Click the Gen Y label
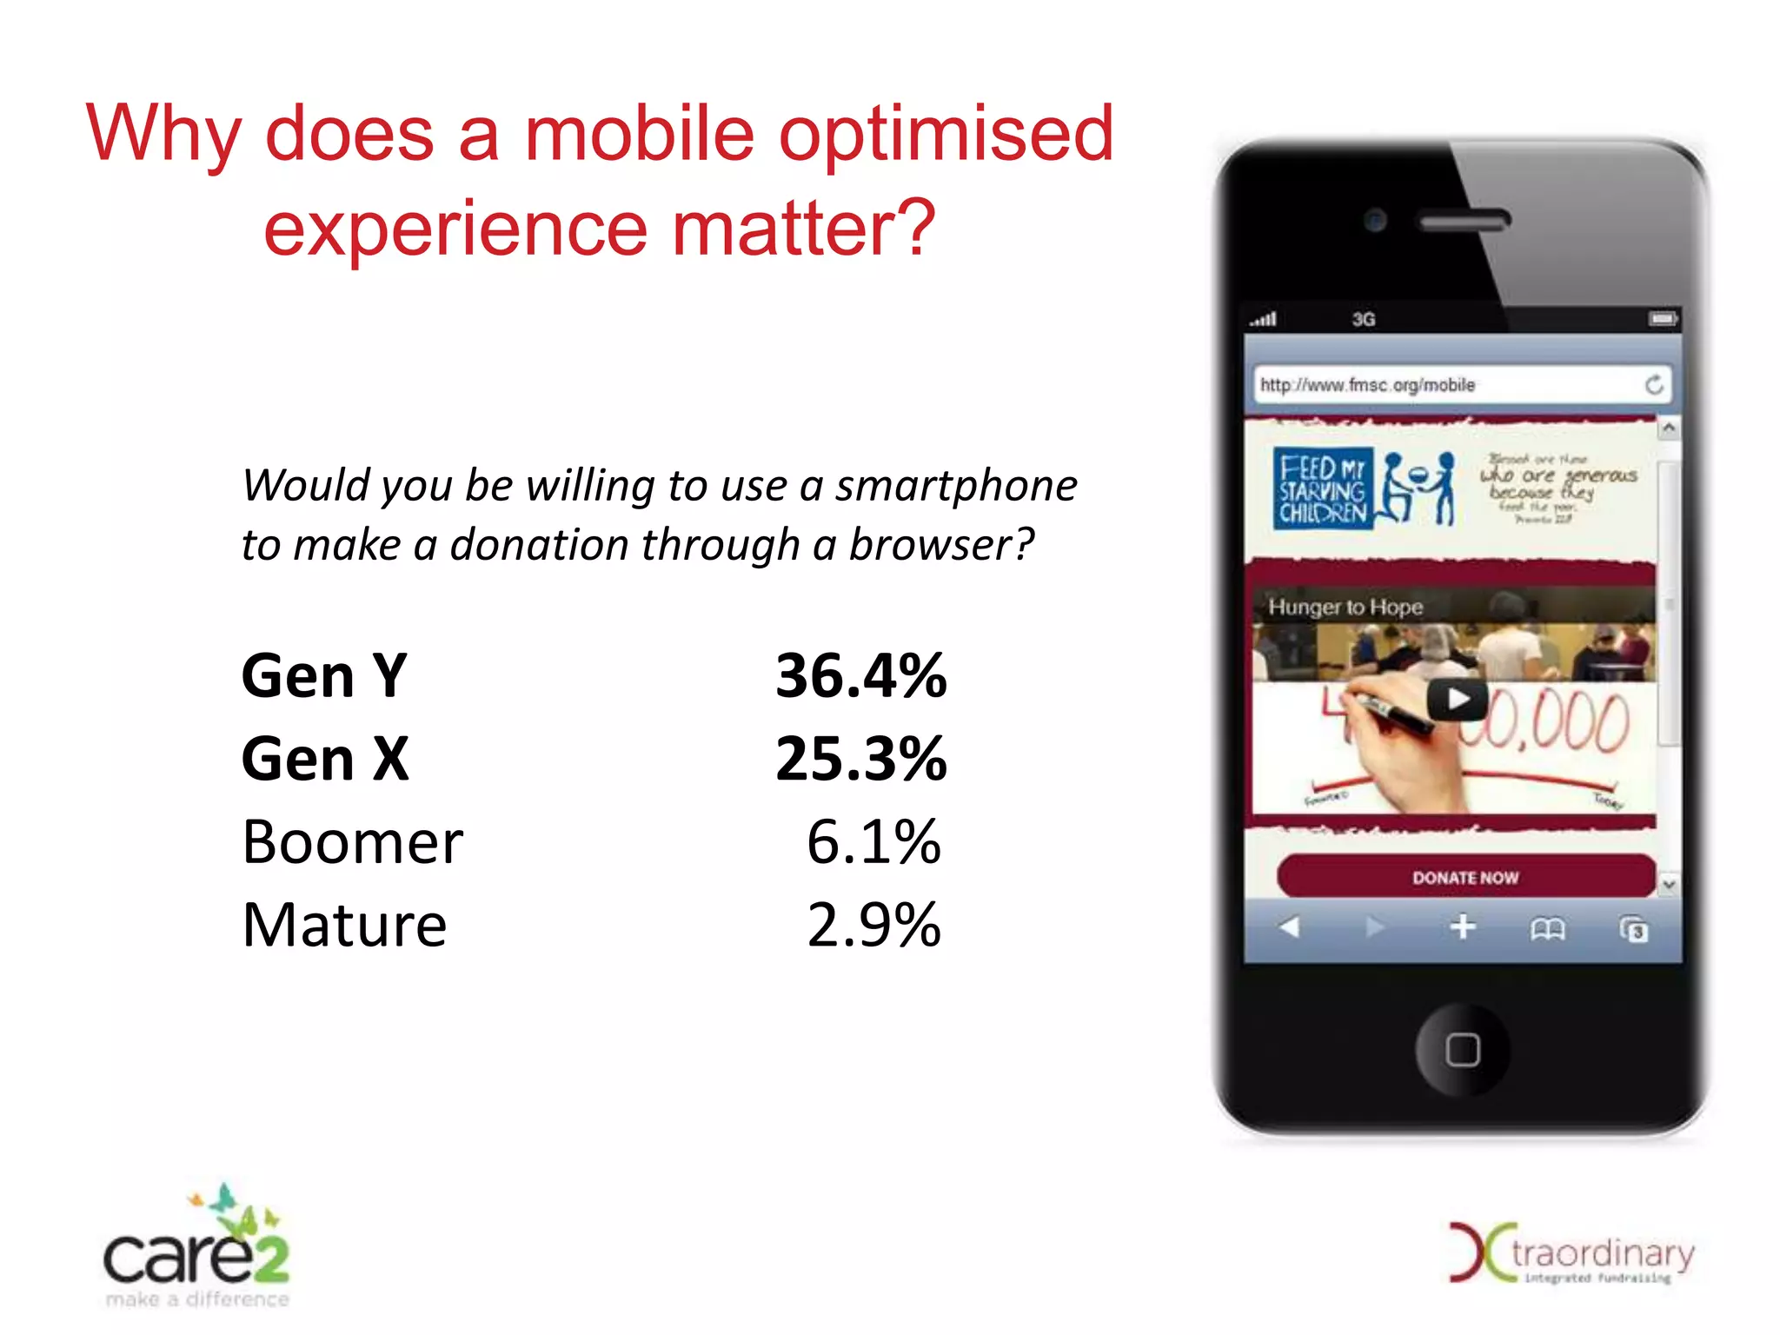(324, 675)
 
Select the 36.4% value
(860, 675)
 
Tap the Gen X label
(325, 759)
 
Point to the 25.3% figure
(860, 759)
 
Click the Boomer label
(352, 842)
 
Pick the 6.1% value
(873, 842)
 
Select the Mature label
(344, 925)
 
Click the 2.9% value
(873, 925)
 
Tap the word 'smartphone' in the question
(956, 486)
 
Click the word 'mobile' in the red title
(639, 135)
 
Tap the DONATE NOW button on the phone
(1465, 877)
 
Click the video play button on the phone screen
(1458, 699)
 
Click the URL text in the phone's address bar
(1367, 385)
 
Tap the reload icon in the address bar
(1654, 385)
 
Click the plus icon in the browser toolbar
(1463, 927)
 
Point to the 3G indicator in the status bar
(1363, 320)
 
